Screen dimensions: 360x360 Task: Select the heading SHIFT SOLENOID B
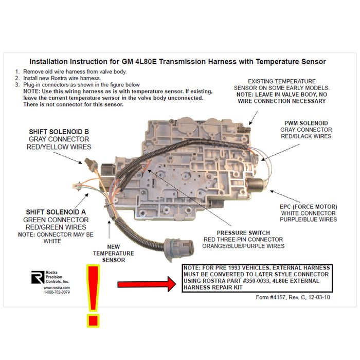(x=59, y=132)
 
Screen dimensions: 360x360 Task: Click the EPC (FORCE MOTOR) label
(x=308, y=206)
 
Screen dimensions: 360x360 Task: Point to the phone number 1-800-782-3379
(x=57, y=292)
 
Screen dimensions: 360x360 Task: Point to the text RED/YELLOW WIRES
(x=59, y=147)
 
